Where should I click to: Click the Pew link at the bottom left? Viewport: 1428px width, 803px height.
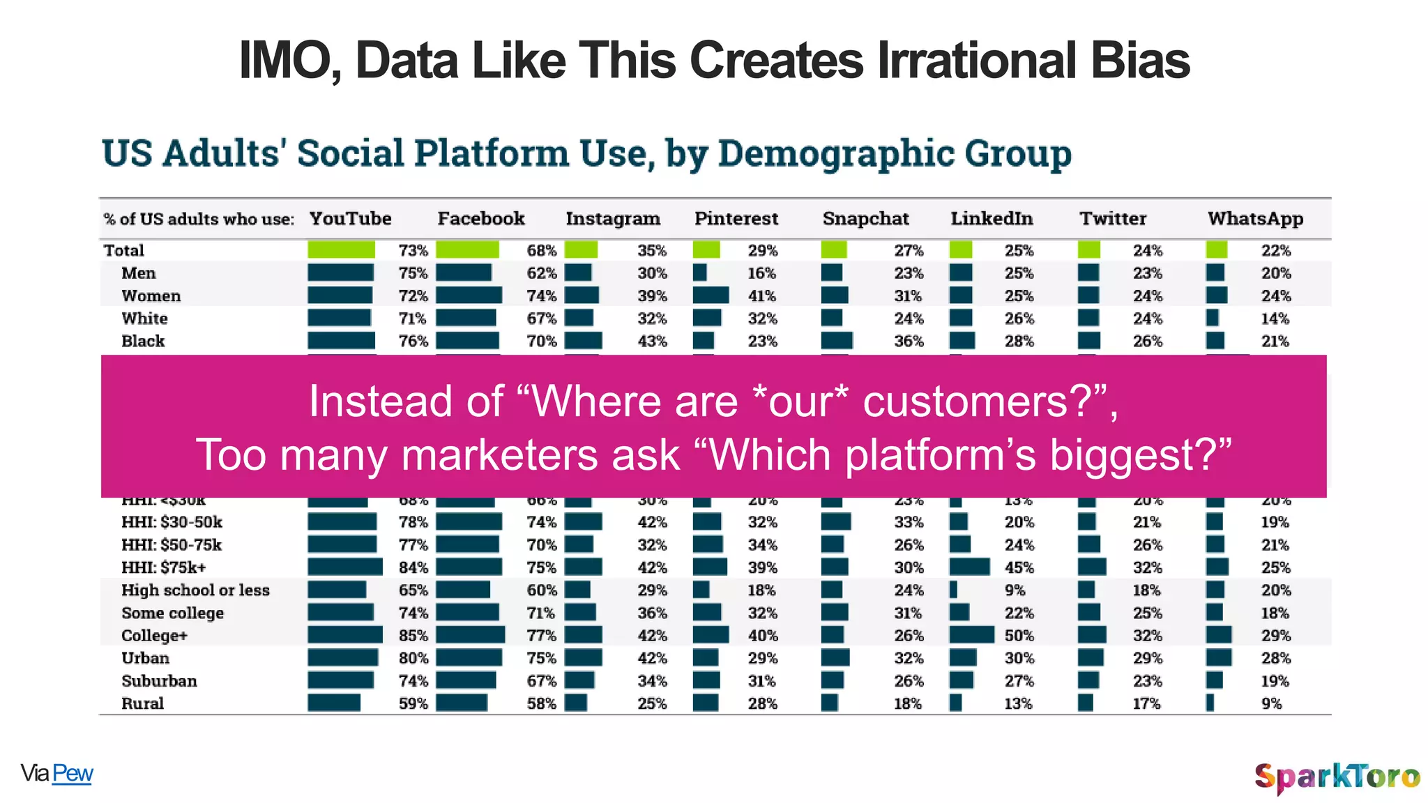pyautogui.click(x=73, y=773)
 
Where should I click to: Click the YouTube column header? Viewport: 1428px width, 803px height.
pyautogui.click(x=350, y=219)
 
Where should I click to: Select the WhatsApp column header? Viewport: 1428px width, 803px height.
pyautogui.click(x=1255, y=219)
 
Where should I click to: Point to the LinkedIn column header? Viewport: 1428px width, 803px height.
pyautogui.click(x=992, y=219)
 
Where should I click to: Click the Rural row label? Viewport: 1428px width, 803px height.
pyautogui.click(x=142, y=703)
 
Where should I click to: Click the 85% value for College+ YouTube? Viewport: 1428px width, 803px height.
pyautogui.click(x=413, y=636)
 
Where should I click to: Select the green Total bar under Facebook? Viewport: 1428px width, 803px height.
pyautogui.click(x=467, y=250)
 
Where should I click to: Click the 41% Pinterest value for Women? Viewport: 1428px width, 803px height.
pyautogui.click(x=761, y=296)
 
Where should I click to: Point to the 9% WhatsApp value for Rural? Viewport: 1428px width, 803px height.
pyautogui.click(x=1271, y=703)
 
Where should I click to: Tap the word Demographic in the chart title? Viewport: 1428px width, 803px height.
pyautogui.click(x=835, y=153)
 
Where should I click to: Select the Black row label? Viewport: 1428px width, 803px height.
pyautogui.click(x=143, y=341)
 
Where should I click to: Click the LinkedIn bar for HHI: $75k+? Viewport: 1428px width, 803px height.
pyautogui.click(x=969, y=567)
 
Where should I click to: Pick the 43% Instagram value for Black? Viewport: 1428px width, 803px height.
pyautogui.click(x=652, y=341)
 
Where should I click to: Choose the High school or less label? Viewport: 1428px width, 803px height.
pyautogui.click(x=195, y=590)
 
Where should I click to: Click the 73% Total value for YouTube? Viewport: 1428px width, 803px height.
pyautogui.click(x=413, y=250)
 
